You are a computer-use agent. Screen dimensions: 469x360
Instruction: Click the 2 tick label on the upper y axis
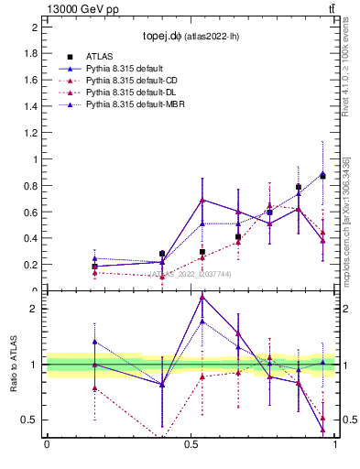(x=35, y=27)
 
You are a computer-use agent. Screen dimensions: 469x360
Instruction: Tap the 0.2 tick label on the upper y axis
(x=30, y=265)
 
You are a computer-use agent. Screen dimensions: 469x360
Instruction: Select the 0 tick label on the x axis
(x=46, y=446)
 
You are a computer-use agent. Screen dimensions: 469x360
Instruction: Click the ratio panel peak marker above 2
(x=202, y=296)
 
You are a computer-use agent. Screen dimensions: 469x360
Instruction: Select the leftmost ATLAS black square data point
(x=94, y=267)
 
